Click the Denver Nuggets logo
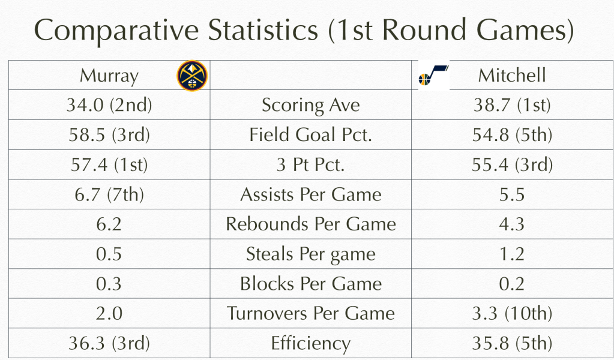(192, 76)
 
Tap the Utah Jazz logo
(433, 75)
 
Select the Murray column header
(109, 76)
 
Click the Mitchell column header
(512, 75)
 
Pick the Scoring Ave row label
(310, 105)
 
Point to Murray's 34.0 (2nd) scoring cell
(109, 105)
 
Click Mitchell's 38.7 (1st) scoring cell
(512, 105)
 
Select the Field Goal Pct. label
(310, 134)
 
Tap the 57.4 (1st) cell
(109, 164)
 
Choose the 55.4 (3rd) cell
(512, 164)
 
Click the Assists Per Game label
(310, 194)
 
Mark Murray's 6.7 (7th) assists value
(109, 194)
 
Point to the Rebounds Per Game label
(310, 224)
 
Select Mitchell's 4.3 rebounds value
(512, 224)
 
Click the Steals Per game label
(310, 254)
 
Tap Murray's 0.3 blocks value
(109, 284)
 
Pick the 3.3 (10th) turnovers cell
(512, 313)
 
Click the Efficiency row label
(310, 344)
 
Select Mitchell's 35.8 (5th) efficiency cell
(512, 343)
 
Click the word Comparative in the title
(116, 31)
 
